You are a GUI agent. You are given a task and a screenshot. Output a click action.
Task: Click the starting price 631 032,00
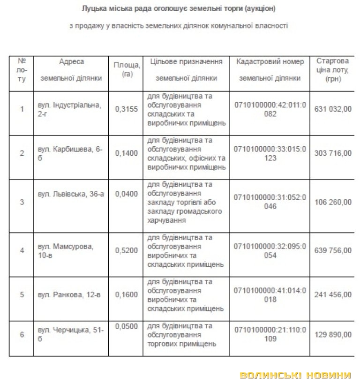tap(335, 109)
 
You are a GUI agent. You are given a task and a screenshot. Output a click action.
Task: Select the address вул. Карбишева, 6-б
tap(70, 153)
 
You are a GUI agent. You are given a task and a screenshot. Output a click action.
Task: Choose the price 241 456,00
tap(335, 294)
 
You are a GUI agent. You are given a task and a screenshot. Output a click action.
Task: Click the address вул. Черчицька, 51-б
tap(71, 335)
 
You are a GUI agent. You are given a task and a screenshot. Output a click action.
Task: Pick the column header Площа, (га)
tap(127, 69)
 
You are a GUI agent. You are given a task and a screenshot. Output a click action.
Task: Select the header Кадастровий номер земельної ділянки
tap(270, 70)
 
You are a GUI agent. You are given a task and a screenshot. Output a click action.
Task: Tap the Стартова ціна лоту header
tap(333, 70)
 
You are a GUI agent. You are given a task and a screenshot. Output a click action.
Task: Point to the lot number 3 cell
tap(22, 202)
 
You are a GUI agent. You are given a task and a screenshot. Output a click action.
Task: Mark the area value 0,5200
tap(127, 250)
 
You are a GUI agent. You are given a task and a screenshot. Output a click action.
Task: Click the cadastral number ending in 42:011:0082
tap(270, 109)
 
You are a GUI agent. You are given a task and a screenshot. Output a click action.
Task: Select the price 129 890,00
tap(335, 334)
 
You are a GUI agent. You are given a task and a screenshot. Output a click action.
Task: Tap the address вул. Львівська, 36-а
tap(71, 194)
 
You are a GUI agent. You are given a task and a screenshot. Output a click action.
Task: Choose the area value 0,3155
tap(127, 109)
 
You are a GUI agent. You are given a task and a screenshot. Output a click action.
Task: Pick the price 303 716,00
tap(335, 153)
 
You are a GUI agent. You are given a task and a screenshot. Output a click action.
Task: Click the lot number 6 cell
tap(22, 334)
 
